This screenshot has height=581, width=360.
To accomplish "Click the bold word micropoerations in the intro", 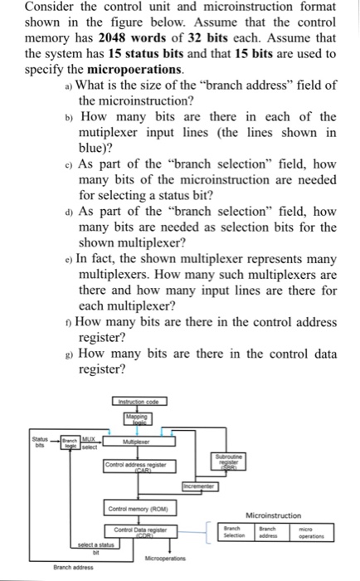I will tap(121, 68).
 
